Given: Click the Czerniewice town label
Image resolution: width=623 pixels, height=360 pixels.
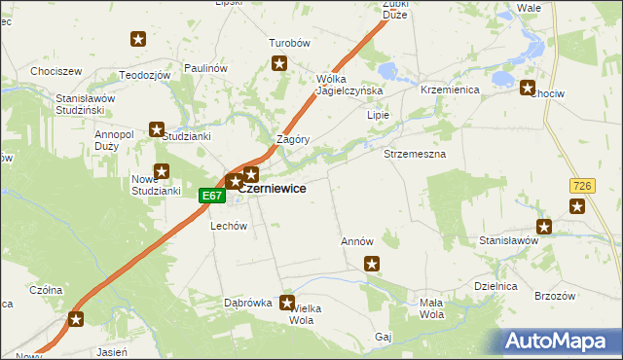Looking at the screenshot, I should (x=274, y=189).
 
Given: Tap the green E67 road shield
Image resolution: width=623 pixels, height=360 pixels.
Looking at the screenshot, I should (x=212, y=196).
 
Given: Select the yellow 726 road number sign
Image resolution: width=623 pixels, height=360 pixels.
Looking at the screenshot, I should (x=582, y=185).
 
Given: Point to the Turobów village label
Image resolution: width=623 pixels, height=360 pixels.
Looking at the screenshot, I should (x=289, y=44).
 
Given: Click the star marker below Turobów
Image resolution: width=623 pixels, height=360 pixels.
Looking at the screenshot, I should (x=279, y=64).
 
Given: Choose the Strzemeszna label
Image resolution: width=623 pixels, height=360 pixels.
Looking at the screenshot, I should (x=415, y=155).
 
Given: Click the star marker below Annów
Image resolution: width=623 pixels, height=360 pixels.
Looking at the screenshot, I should (x=371, y=263).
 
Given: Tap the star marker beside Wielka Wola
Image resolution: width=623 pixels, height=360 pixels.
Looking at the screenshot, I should (x=287, y=303).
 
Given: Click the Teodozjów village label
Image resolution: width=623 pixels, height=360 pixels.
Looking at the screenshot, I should (x=145, y=75).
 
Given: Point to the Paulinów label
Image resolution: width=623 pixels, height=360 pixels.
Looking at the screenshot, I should (x=204, y=68).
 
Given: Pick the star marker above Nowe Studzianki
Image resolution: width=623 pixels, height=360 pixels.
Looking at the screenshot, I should (x=162, y=171).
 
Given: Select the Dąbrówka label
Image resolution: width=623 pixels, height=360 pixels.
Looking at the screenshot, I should (x=247, y=303).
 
